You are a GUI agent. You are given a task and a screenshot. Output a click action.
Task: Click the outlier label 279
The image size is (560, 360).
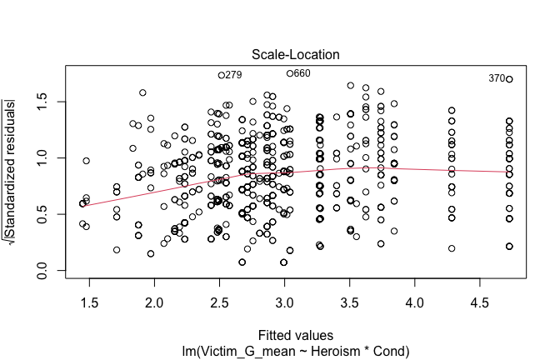pos(233,75)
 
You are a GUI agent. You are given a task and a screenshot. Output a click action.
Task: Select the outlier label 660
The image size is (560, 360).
pos(302,73)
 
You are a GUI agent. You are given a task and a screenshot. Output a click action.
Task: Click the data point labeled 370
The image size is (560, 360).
pos(509,79)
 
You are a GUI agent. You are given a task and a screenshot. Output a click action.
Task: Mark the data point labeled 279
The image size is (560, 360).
pos(222,75)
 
